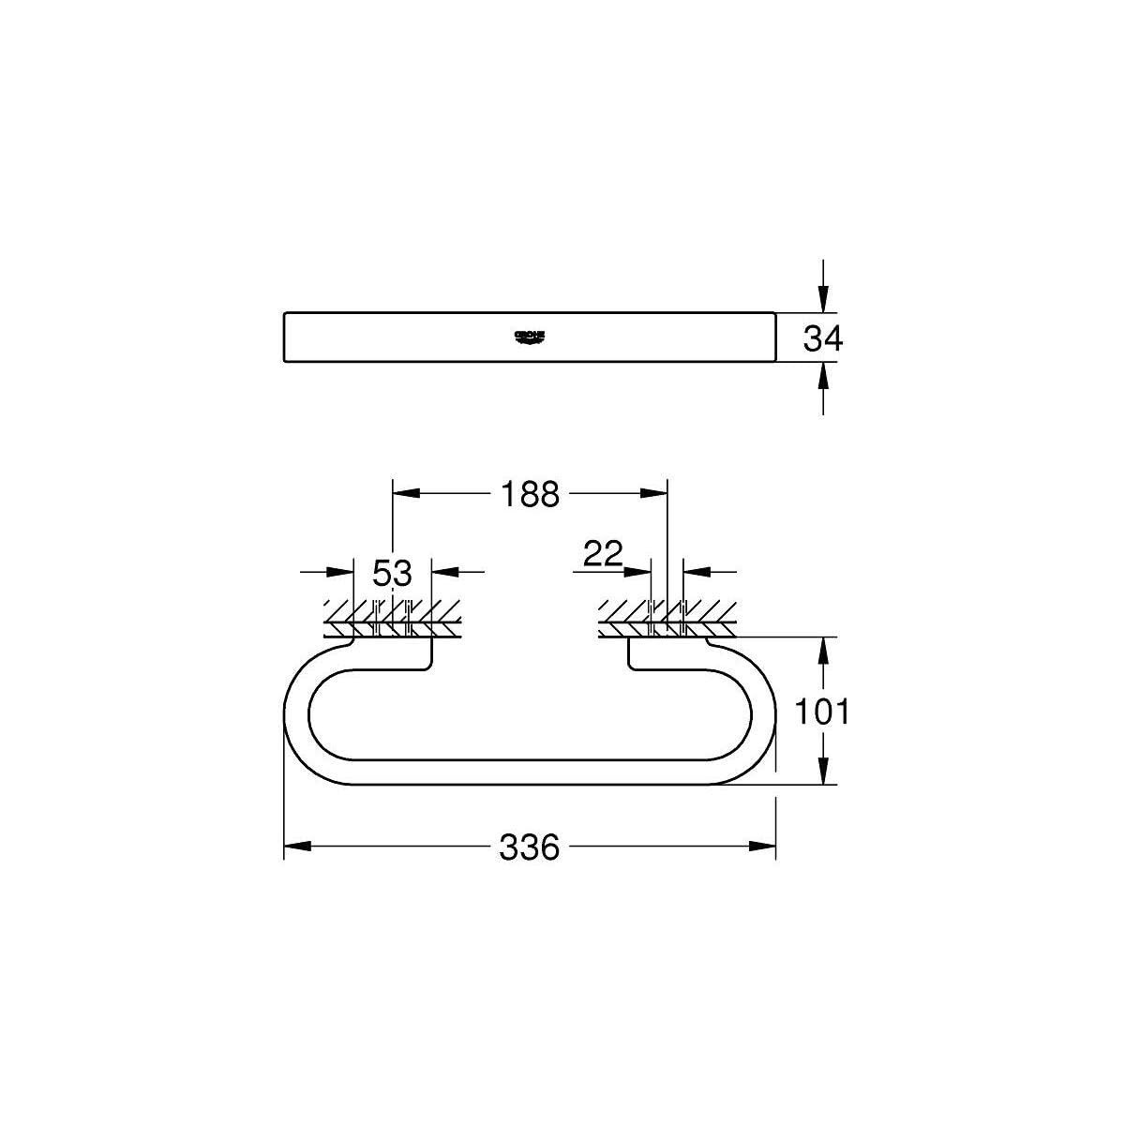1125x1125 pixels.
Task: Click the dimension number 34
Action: tap(823, 338)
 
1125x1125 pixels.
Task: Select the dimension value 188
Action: tap(529, 493)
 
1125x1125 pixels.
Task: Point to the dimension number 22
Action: tap(603, 554)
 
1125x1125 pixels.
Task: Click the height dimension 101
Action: tap(821, 712)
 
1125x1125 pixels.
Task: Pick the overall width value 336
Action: tap(529, 847)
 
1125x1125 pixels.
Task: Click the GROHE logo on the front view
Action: tap(530, 337)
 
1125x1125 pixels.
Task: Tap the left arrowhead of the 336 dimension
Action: tap(296, 847)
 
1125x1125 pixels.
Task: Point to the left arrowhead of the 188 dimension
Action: tap(404, 493)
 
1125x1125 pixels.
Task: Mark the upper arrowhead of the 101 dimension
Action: tap(823, 650)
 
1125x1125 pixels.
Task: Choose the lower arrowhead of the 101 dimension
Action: tap(823, 772)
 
